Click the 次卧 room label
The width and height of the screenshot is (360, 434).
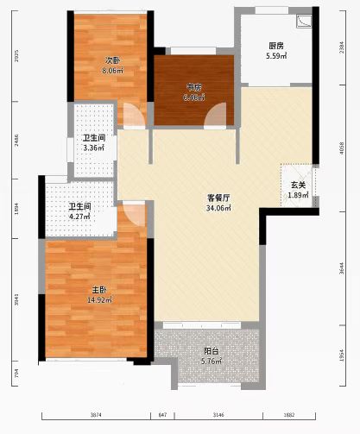pyautogui.click(x=112, y=60)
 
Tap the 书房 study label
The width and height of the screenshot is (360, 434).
pyautogui.click(x=193, y=87)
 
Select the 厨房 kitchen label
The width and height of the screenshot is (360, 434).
pyautogui.click(x=276, y=46)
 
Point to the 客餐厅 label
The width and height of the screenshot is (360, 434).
pyautogui.click(x=218, y=198)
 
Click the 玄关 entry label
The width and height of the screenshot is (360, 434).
pyautogui.click(x=298, y=185)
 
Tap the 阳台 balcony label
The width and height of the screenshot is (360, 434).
pyautogui.click(x=211, y=351)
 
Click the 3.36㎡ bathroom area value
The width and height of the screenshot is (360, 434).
pyautogui.click(x=93, y=148)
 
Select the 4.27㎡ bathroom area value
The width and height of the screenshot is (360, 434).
pyautogui.click(x=80, y=217)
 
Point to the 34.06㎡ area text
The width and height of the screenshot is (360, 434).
pyautogui.click(x=218, y=208)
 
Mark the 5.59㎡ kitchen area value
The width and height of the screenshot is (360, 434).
pyautogui.click(x=276, y=57)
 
